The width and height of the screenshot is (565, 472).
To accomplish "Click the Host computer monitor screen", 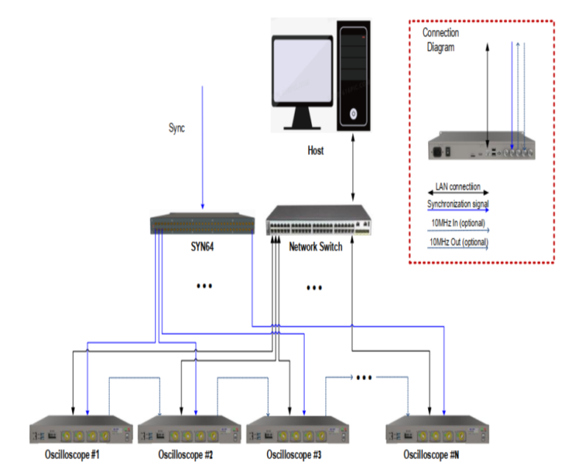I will [302, 67].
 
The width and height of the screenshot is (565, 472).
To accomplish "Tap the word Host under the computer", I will [316, 151].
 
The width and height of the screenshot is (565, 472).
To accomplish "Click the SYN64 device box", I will [202, 224].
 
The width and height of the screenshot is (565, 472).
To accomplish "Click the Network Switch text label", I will [316, 247].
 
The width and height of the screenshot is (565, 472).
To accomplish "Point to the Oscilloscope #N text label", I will [434, 455].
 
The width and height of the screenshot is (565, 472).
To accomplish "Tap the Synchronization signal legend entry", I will [458, 204].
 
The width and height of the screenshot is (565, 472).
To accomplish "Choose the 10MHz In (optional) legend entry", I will [458, 223].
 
